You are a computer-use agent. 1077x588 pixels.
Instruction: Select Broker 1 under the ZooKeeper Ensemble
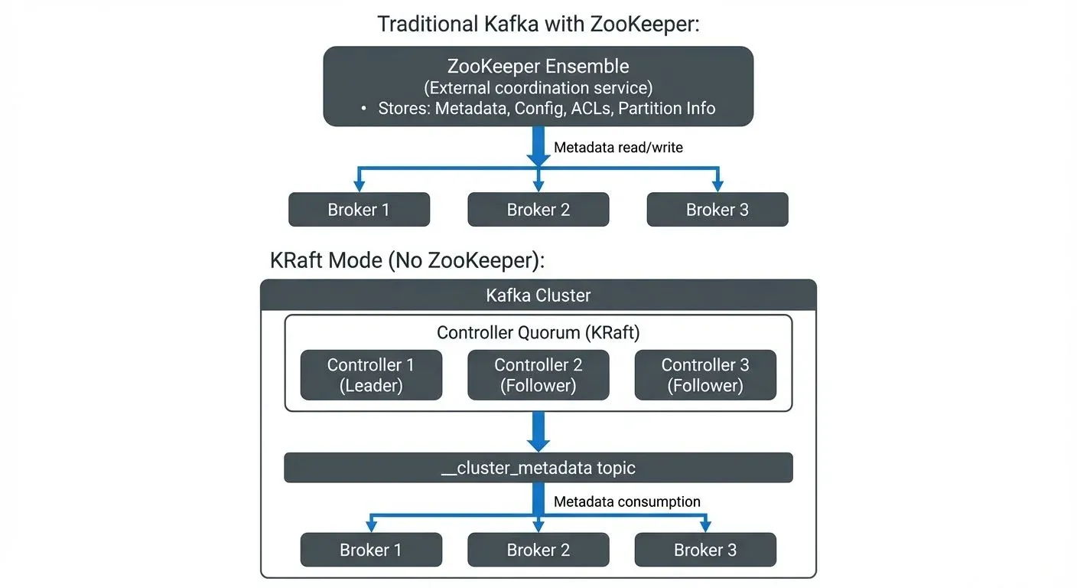(359, 210)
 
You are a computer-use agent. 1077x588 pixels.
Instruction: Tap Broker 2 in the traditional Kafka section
(538, 210)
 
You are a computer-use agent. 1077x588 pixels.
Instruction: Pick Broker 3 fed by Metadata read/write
(717, 210)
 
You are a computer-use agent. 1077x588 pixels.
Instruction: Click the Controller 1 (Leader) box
(371, 375)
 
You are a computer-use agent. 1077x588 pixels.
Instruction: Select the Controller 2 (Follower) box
(538, 375)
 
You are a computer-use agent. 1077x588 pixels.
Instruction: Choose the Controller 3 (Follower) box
(704, 375)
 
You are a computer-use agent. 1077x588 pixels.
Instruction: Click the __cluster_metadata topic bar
(538, 468)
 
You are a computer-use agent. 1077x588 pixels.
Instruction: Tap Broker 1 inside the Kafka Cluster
(371, 550)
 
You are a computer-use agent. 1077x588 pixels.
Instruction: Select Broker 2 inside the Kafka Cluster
(538, 550)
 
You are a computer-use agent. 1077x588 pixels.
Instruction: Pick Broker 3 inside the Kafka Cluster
(704, 550)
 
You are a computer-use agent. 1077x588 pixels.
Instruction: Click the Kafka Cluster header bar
(538, 295)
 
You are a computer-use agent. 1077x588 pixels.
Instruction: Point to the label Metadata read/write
(618, 147)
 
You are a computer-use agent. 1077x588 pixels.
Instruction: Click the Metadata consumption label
(626, 501)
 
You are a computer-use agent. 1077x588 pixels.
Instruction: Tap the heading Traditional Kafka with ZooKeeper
(538, 24)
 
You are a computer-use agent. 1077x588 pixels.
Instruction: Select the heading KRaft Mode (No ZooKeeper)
(407, 260)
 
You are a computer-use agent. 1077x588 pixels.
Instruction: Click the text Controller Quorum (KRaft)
(538, 332)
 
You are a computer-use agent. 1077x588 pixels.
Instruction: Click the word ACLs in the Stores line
(590, 109)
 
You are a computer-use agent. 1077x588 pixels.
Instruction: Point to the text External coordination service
(538, 88)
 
